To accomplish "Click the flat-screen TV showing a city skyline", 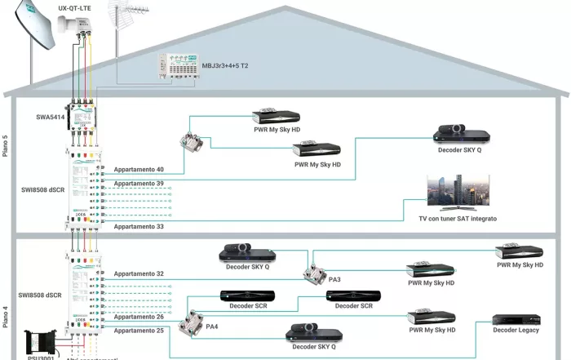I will [457, 193].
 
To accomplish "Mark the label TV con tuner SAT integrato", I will [458, 219].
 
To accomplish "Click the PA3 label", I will [335, 279].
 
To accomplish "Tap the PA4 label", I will [212, 327].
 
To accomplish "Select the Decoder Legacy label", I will [516, 331].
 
